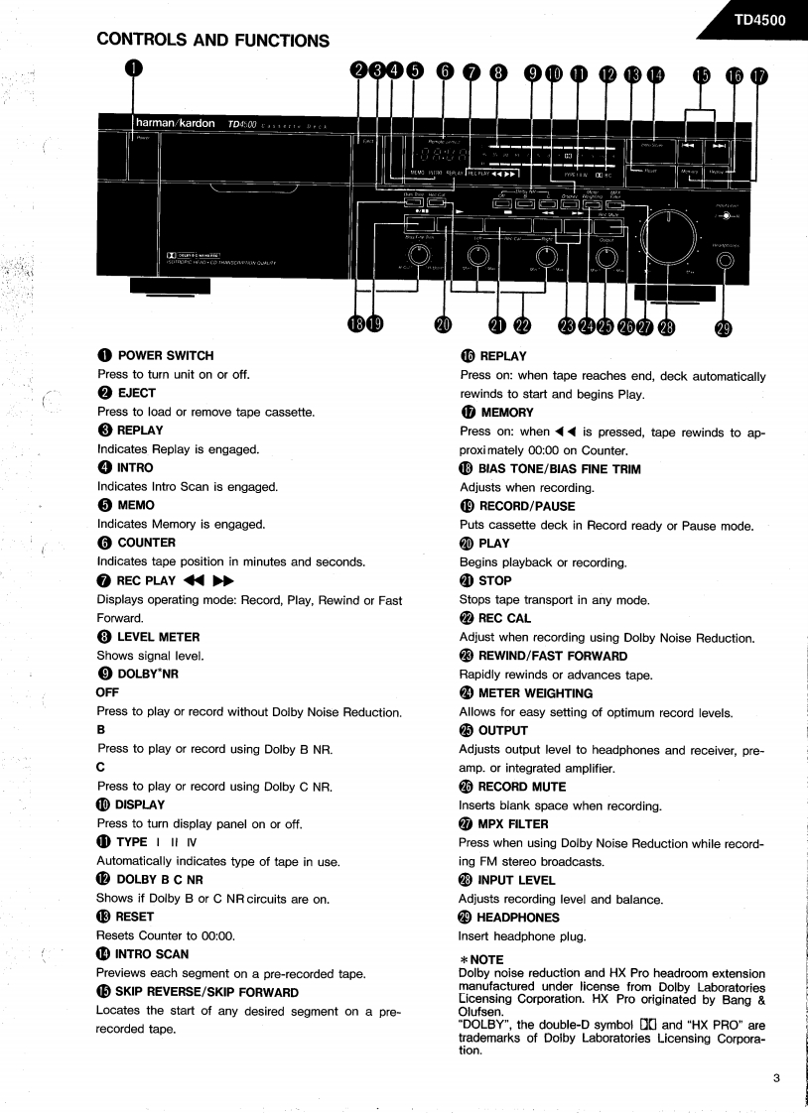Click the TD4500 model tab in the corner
click(759, 19)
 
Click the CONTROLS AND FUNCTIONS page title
click(212, 41)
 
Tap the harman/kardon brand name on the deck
click(175, 124)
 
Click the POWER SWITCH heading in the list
click(165, 355)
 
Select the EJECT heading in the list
click(137, 393)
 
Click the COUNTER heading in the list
click(146, 543)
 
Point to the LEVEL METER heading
click(159, 636)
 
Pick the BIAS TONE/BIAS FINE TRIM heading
click(559, 468)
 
